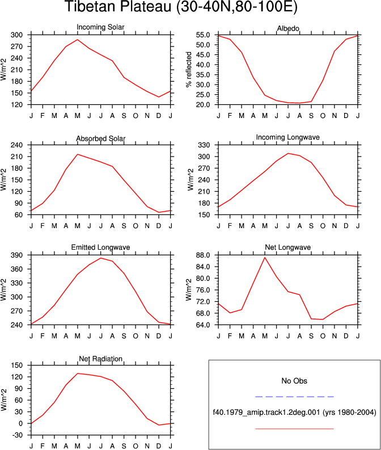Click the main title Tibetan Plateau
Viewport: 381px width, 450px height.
click(x=181, y=6)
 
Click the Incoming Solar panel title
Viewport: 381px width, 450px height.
click(x=100, y=27)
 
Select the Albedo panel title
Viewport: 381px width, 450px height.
click(x=288, y=28)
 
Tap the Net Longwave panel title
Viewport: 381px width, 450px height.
click(x=288, y=247)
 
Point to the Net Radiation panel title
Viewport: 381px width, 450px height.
click(x=100, y=359)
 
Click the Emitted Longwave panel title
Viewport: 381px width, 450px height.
click(x=100, y=247)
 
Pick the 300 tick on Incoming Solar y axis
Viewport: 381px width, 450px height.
click(x=16, y=35)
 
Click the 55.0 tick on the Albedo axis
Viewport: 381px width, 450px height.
click(x=203, y=35)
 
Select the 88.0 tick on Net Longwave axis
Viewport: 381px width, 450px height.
click(x=203, y=255)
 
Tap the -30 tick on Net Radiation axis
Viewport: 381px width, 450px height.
click(x=16, y=435)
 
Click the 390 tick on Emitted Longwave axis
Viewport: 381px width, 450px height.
click(x=16, y=255)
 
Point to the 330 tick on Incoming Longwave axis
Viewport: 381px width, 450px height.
click(x=204, y=145)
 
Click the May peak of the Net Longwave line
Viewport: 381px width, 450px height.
click(x=265, y=258)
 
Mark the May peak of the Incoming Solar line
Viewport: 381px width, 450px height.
click(x=78, y=40)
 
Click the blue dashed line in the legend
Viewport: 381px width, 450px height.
click(x=294, y=397)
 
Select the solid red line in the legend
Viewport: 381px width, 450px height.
click(x=294, y=429)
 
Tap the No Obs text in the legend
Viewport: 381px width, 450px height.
click(x=294, y=381)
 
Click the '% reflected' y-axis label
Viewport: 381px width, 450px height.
click(x=188, y=69)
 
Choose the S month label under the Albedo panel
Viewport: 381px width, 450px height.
click(x=311, y=116)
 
